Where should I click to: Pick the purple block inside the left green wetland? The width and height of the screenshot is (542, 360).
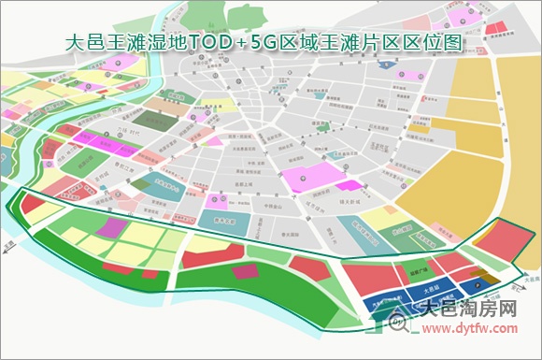point(111,227)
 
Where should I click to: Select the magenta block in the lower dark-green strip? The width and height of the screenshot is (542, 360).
point(245,272)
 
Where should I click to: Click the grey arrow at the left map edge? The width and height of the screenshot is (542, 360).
point(7,244)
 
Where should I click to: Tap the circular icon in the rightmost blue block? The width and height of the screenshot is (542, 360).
point(478,282)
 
